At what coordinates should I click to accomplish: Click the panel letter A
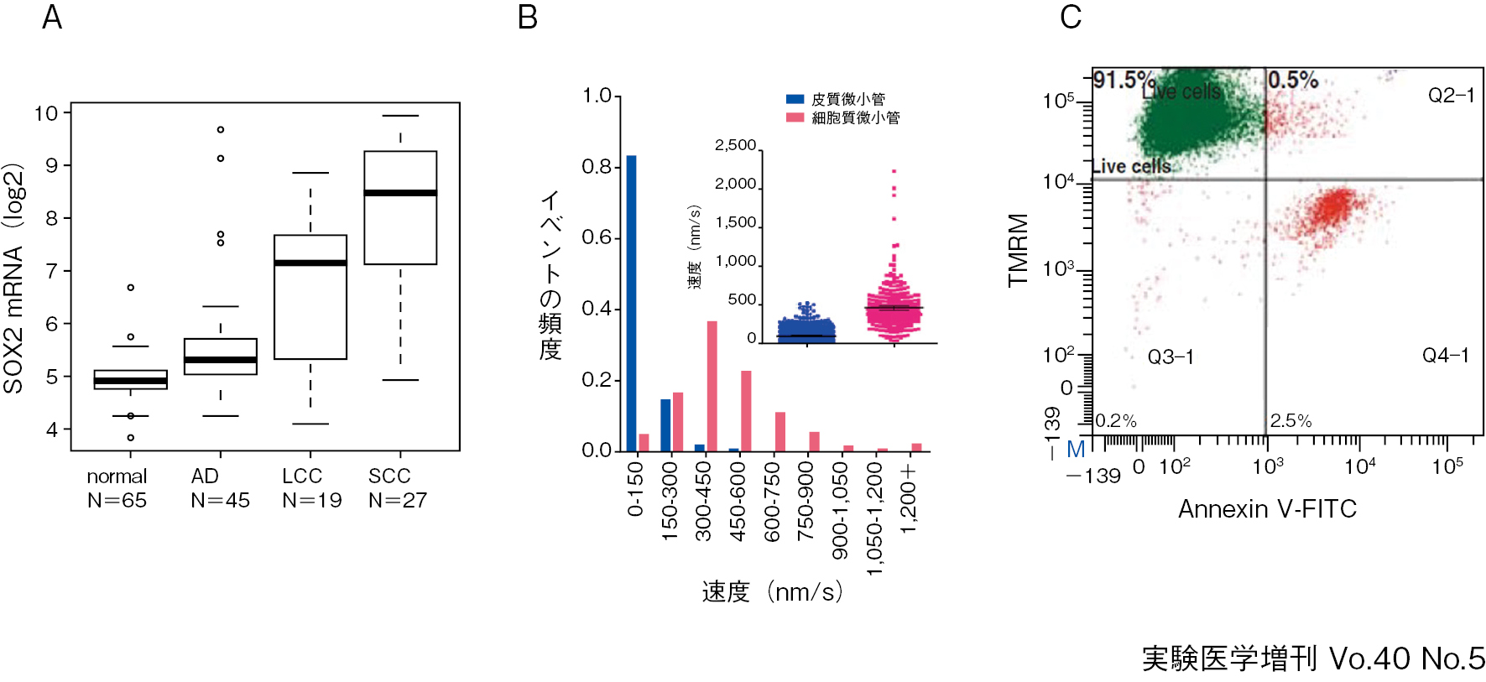(x=52, y=18)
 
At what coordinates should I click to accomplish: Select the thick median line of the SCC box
(x=400, y=193)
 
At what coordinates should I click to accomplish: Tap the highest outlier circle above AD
(x=221, y=130)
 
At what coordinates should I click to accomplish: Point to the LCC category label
(x=302, y=476)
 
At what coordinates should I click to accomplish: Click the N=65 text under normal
(x=117, y=501)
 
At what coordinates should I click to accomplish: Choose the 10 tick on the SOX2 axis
(x=46, y=113)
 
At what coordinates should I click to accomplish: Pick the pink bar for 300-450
(x=712, y=386)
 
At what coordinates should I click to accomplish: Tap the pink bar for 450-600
(x=746, y=411)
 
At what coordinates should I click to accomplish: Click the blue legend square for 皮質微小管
(x=795, y=99)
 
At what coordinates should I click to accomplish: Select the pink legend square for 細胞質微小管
(x=795, y=117)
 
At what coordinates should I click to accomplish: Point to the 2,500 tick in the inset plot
(x=736, y=145)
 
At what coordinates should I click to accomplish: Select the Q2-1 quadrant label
(x=1451, y=96)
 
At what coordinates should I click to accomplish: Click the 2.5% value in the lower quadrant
(x=1290, y=421)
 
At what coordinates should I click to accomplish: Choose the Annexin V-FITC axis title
(x=1267, y=509)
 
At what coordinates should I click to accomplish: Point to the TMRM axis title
(x=1019, y=250)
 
